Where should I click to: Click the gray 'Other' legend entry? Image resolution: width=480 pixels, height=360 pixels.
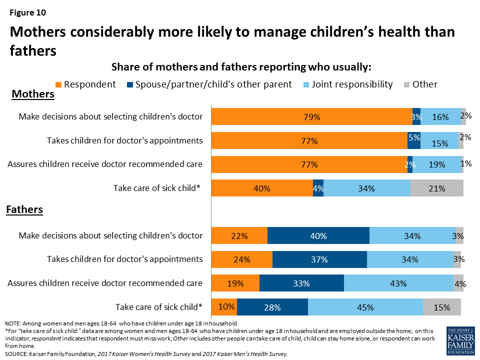pos(424,84)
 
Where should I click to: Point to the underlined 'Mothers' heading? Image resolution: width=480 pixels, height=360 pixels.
pos(33,94)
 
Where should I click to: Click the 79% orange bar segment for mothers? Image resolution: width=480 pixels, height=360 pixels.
pos(311,116)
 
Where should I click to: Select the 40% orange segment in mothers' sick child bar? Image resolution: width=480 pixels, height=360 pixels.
pos(262,188)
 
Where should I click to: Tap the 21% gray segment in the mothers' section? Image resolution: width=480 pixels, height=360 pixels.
pos(436,188)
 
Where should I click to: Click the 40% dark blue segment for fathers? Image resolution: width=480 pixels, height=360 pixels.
pos(318,235)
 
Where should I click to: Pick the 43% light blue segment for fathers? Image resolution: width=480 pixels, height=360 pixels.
pos(398,283)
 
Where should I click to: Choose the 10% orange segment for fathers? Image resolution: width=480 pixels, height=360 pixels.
pos(224,307)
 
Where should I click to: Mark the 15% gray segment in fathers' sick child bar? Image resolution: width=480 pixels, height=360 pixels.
pos(442,307)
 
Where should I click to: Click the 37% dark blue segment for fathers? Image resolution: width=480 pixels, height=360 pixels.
pos(319,259)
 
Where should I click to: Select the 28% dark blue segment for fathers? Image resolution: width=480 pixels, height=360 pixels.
pos(272,307)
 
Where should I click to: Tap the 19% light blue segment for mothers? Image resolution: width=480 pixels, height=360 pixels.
pos(436,164)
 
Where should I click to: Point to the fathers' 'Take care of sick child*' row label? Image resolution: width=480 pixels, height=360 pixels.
pos(158,307)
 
